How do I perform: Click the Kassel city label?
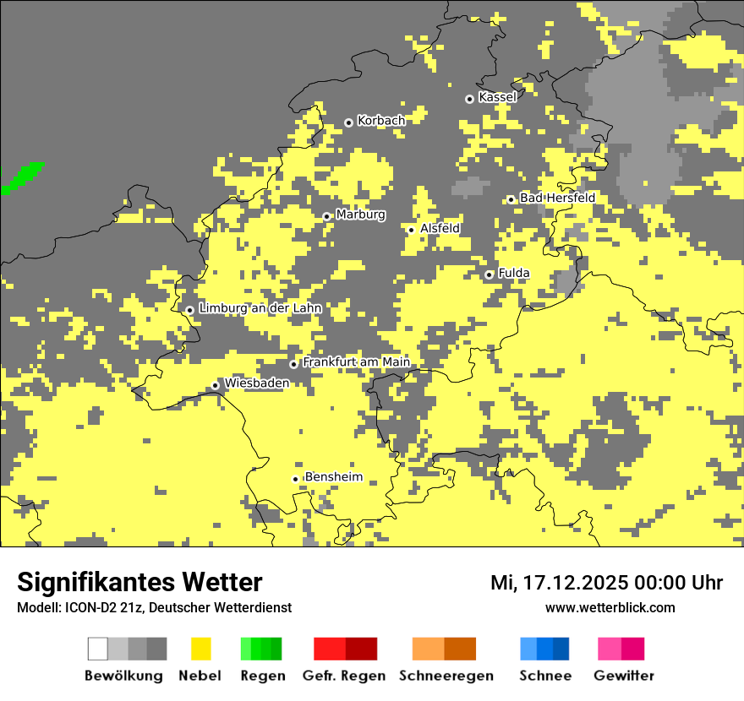[497, 97]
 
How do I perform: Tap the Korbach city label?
[380, 121]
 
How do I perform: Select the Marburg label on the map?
[360, 215]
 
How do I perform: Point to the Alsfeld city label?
[440, 228]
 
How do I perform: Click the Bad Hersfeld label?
[557, 198]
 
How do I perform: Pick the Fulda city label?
[514, 273]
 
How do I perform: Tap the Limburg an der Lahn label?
[260, 308]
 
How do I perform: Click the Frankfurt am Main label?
[356, 362]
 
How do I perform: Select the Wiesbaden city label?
[256, 383]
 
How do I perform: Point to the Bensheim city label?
[333, 477]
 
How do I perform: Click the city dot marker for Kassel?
[469, 99]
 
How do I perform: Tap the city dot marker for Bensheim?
[296, 479]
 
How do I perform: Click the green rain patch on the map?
[22, 177]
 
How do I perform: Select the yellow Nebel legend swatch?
[200, 649]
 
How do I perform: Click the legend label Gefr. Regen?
[343, 676]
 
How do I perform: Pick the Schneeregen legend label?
[446, 676]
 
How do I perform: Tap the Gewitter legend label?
[623, 676]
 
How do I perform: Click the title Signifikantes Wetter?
[139, 583]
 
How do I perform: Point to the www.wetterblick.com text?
[610, 607]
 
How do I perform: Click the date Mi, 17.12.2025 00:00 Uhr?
[606, 583]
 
